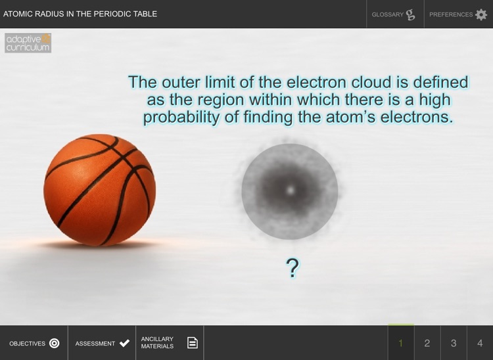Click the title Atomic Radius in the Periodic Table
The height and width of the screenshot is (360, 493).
80,14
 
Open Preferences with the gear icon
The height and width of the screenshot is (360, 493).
458,14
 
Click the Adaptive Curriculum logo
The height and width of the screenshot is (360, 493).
28,43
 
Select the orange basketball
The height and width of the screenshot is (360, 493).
100,191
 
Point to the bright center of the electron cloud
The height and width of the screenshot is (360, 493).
290,191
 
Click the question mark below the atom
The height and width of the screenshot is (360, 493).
293,267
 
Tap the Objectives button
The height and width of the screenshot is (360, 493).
34,343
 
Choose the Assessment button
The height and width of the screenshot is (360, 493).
102,343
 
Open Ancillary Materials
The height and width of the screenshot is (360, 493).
170,343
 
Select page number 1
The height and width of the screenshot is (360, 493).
401,343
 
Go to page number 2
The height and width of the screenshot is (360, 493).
427,343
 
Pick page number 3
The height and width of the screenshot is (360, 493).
454,343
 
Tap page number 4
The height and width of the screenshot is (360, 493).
480,343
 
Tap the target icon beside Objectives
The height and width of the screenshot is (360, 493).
55,343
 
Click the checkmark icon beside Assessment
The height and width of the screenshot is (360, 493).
124,343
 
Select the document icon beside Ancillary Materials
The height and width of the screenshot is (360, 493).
192,343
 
